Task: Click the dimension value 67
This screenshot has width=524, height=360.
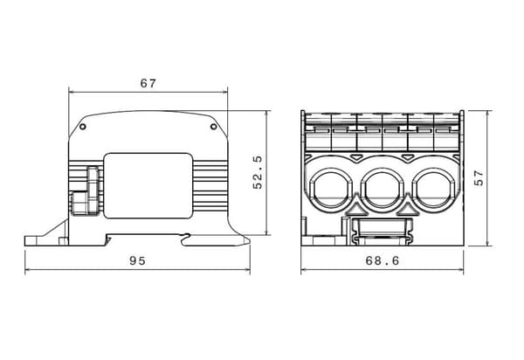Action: (x=148, y=83)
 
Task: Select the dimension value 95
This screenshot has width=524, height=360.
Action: (x=138, y=260)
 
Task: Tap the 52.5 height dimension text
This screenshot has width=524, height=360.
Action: (x=258, y=172)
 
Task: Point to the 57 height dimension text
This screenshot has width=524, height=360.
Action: (x=479, y=177)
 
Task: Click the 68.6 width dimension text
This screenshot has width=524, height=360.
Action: (x=383, y=260)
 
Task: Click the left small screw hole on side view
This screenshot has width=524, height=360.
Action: (x=83, y=127)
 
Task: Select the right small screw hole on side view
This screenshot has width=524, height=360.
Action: (x=213, y=127)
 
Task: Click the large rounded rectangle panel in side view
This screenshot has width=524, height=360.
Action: (x=148, y=186)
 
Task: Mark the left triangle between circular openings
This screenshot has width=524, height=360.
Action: (x=356, y=210)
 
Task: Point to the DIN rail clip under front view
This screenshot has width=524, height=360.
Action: (x=383, y=232)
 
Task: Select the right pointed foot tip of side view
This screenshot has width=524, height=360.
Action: (x=249, y=240)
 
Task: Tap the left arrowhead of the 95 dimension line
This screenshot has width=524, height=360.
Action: (x=27, y=269)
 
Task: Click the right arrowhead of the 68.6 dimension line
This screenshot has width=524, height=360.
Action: (x=461, y=269)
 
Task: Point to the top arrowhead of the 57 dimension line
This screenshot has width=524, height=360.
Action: (x=488, y=114)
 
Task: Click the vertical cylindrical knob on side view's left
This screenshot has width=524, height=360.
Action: (x=93, y=190)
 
